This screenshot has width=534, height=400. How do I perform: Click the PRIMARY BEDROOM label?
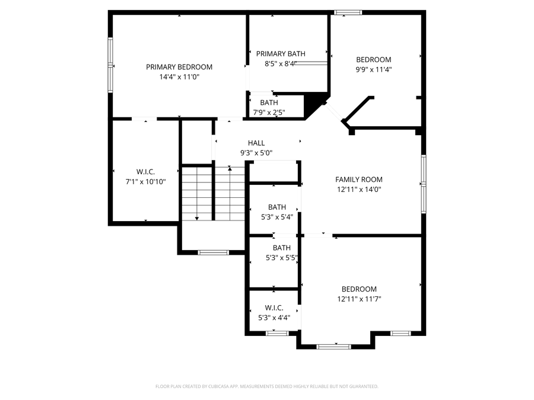(179, 67)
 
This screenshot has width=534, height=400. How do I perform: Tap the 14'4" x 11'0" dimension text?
(179, 76)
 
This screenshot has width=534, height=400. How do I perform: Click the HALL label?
(256, 143)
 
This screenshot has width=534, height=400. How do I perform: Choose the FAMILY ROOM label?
(359, 180)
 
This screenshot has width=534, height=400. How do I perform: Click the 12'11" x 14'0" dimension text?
(359, 190)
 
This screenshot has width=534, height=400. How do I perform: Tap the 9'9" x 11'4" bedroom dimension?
(373, 69)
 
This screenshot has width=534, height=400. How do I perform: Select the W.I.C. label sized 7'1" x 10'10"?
(145, 172)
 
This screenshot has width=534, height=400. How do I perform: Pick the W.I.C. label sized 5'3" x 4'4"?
(274, 308)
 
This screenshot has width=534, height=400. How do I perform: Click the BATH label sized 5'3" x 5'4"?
(277, 207)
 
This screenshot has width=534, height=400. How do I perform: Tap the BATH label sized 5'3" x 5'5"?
(282, 248)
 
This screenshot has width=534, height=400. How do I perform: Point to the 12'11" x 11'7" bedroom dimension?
(359, 299)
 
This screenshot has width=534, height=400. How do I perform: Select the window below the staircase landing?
(213, 252)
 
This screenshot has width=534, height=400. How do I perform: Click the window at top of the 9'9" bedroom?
(347, 12)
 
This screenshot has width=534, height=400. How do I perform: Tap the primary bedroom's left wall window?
(110, 65)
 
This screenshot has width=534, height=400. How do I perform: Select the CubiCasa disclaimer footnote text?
(266, 386)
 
